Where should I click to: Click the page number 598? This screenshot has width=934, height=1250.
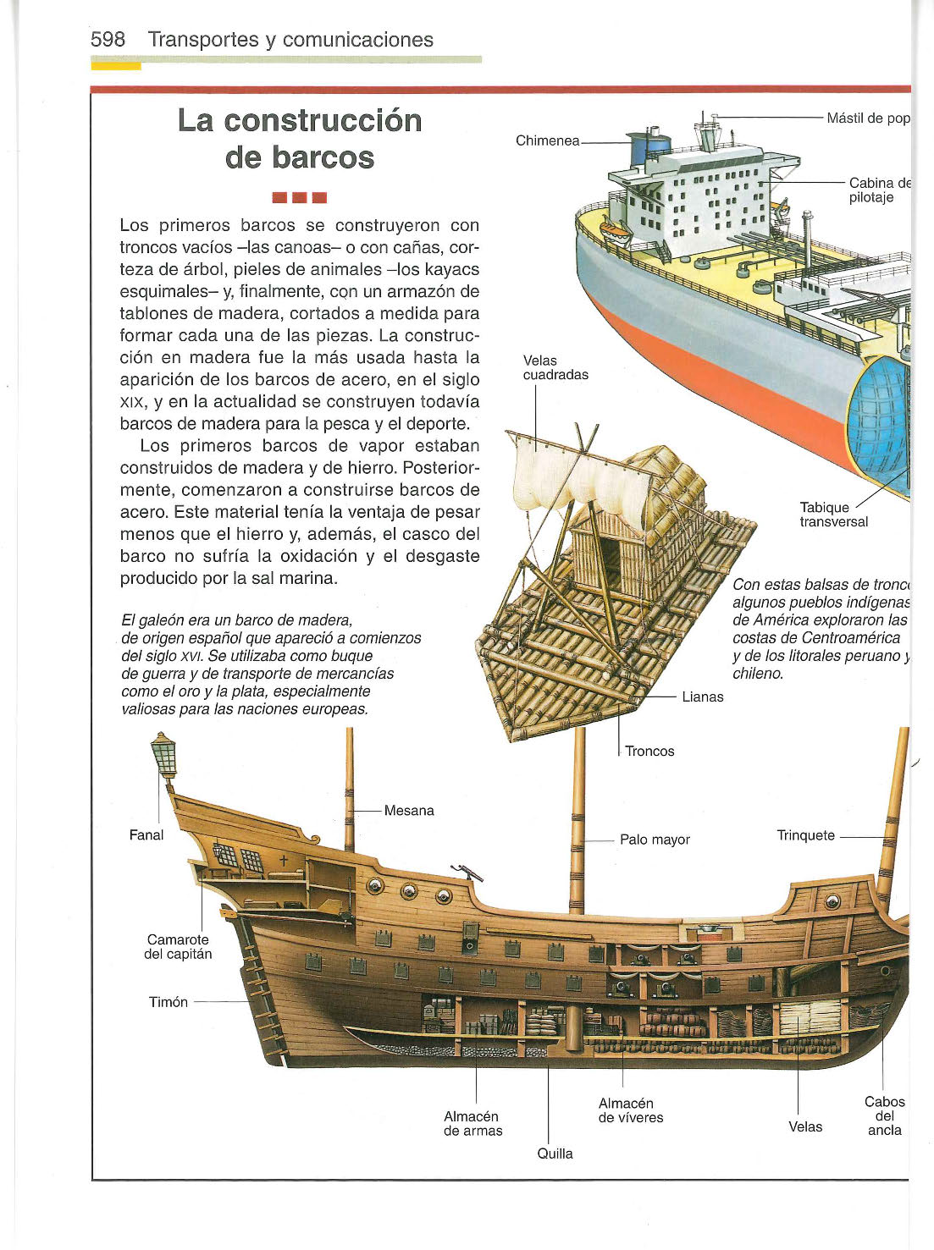click(x=108, y=39)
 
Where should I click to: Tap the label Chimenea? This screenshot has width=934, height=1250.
click(x=547, y=140)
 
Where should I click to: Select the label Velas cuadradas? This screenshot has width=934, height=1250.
click(x=555, y=368)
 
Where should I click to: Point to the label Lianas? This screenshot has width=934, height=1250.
click(x=703, y=697)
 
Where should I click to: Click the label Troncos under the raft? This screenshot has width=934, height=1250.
click(x=649, y=752)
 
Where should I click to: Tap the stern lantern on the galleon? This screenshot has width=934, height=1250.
click(x=164, y=755)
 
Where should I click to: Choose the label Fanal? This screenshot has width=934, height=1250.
click(x=146, y=834)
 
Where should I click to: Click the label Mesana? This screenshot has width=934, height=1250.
click(x=409, y=811)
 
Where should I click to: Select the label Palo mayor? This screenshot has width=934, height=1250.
click(x=655, y=840)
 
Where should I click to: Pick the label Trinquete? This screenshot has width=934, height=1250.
click(x=806, y=835)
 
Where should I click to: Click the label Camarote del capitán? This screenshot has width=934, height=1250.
click(x=178, y=946)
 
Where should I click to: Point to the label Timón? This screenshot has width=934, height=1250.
click(x=168, y=1002)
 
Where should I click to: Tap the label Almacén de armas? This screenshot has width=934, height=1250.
click(x=473, y=1123)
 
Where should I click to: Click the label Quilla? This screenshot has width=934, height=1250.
click(x=555, y=1154)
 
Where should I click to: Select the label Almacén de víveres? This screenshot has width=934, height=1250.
click(x=631, y=1110)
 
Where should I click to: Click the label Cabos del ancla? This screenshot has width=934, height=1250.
click(x=884, y=1116)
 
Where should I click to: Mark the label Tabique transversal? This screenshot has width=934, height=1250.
click(x=833, y=515)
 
